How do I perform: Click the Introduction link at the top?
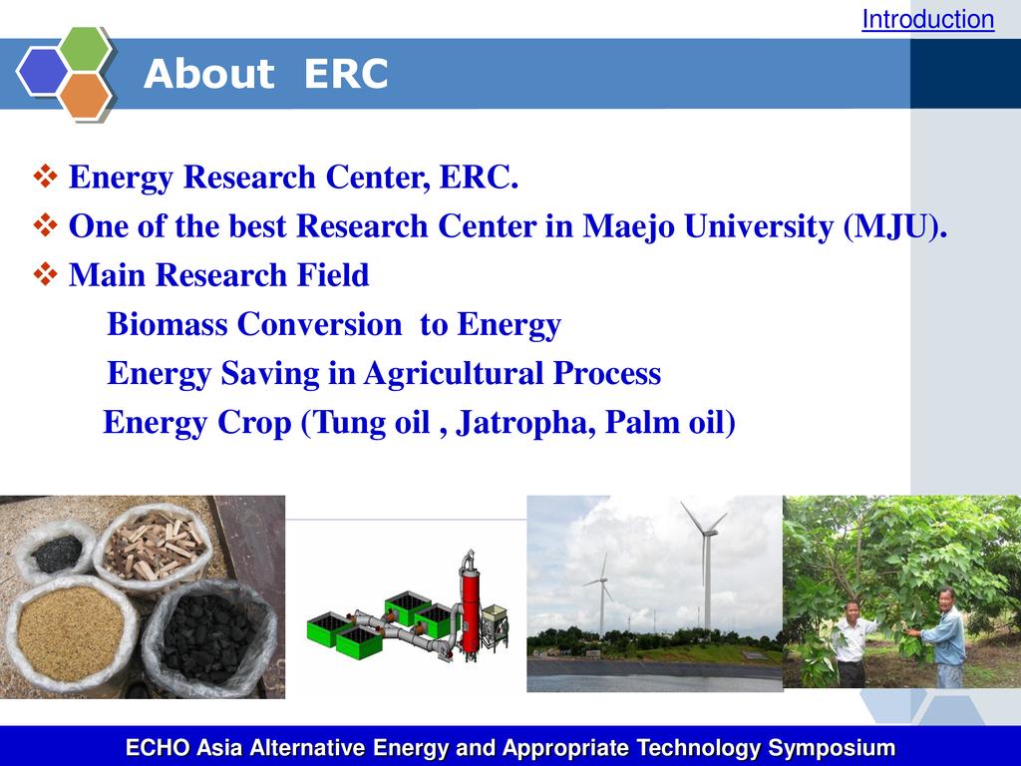(x=928, y=20)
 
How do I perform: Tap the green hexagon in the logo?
(x=86, y=48)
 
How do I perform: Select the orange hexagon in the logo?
(x=86, y=96)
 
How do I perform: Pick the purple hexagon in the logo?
(x=42, y=72)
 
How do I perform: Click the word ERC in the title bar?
(x=346, y=73)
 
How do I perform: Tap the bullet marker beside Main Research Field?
(x=45, y=274)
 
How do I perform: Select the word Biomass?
(x=168, y=324)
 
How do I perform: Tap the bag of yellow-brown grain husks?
(x=71, y=630)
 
